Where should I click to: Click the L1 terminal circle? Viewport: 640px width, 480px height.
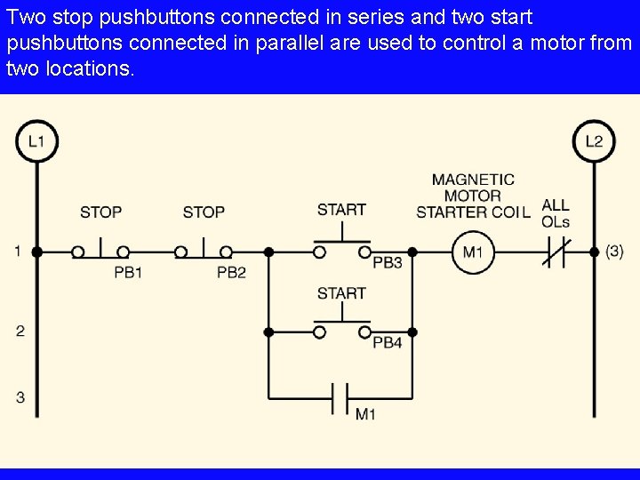(x=36, y=141)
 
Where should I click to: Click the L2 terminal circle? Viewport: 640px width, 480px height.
(x=594, y=141)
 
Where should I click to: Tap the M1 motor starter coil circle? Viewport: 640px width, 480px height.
(x=472, y=252)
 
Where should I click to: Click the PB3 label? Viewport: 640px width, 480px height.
(x=388, y=264)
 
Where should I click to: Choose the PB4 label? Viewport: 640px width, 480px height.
(x=388, y=343)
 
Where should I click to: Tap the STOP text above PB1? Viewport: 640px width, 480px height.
(x=100, y=212)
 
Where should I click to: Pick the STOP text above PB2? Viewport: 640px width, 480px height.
(x=204, y=212)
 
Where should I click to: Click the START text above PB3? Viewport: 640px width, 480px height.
(x=341, y=210)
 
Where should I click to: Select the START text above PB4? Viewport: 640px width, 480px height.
(x=341, y=293)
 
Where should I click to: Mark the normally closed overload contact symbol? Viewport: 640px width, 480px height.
(x=556, y=252)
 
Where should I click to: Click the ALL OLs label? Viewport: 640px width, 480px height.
(x=556, y=213)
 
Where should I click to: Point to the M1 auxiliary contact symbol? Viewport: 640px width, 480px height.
(x=340, y=397)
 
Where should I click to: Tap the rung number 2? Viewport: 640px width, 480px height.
(x=20, y=332)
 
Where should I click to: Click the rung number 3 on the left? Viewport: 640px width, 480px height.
(x=20, y=397)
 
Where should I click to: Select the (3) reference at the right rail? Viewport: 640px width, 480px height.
(x=614, y=252)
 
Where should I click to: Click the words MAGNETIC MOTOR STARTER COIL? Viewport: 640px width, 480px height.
(x=473, y=196)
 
